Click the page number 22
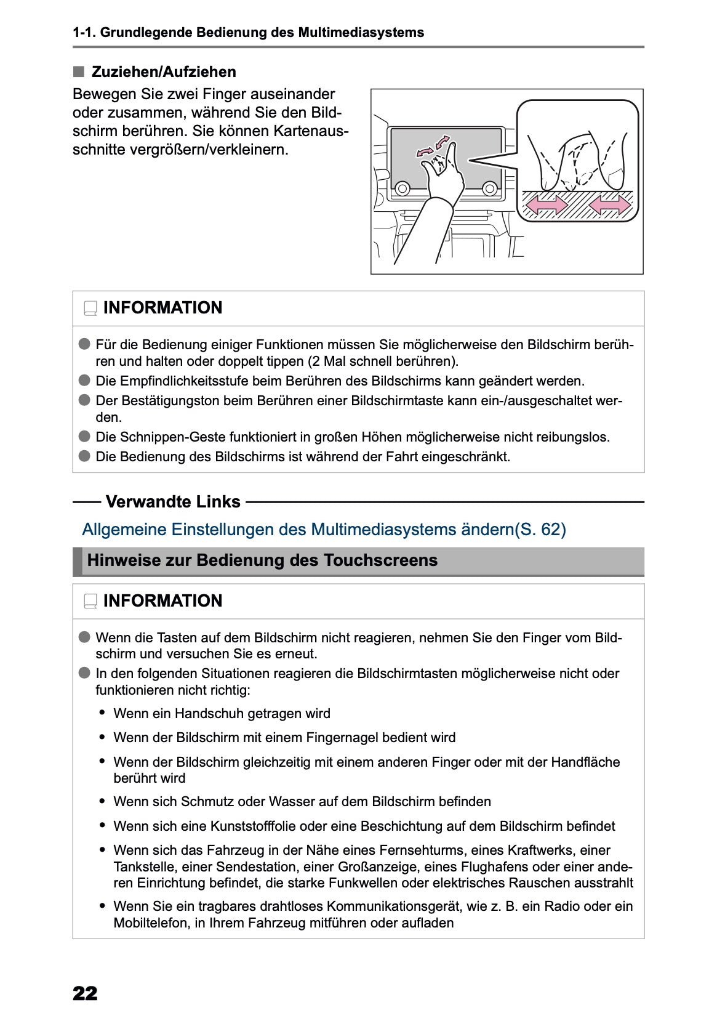coord(85,993)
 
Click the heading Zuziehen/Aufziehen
coord(163,72)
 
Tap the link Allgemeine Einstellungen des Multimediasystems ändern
coord(324,529)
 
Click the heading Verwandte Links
coord(173,502)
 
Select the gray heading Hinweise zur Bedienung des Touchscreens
coord(262,560)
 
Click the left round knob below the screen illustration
coord(402,188)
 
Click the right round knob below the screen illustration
coord(489,188)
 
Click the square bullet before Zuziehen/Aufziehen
coord(78,71)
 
